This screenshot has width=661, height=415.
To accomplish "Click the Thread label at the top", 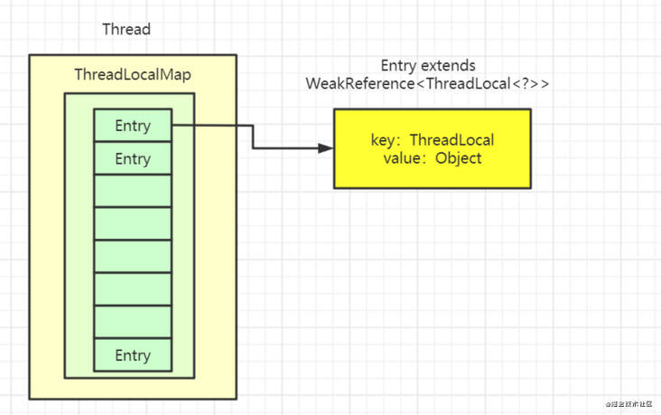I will pyautogui.click(x=126, y=30).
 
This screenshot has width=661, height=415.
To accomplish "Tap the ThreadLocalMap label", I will pyautogui.click(x=132, y=76).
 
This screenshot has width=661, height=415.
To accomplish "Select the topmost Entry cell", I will pyautogui.click(x=133, y=126).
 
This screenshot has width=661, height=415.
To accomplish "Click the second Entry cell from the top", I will pyautogui.click(x=133, y=158).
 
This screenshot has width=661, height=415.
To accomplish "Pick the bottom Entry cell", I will pyautogui.click(x=133, y=355).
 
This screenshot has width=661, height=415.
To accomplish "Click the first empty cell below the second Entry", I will pyautogui.click(x=133, y=191).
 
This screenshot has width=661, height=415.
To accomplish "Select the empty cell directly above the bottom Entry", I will pyautogui.click(x=133, y=322).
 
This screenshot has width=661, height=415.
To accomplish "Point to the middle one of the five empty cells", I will pyautogui.click(x=133, y=256).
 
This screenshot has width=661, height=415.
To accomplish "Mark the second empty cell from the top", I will pyautogui.click(x=133, y=223).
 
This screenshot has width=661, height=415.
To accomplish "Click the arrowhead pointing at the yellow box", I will pyautogui.click(x=326, y=147).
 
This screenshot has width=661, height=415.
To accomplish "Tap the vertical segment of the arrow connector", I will pyautogui.click(x=253, y=137).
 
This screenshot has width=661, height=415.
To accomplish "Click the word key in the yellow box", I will pyautogui.click(x=383, y=140).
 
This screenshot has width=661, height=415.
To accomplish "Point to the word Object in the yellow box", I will pyautogui.click(x=458, y=157).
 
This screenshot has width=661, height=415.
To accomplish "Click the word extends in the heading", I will pyautogui.click(x=450, y=66).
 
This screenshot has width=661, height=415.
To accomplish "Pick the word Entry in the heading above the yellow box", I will pyautogui.click(x=400, y=66).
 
